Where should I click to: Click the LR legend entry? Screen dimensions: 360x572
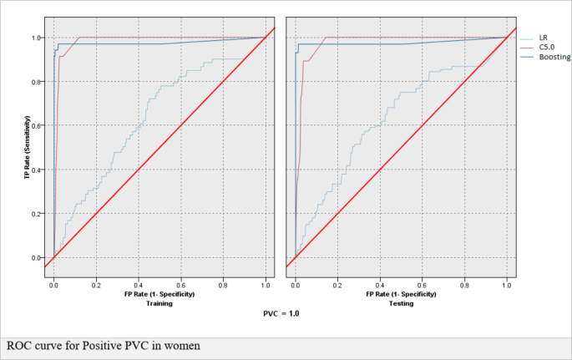pyautogui.click(x=543, y=38)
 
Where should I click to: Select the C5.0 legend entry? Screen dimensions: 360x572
pyautogui.click(x=547, y=48)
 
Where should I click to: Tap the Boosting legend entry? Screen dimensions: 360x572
pyautogui.click(x=554, y=58)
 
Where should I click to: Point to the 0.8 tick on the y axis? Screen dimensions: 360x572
pyautogui.click(x=37, y=82)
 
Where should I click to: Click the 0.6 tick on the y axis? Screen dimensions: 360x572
pyautogui.click(x=37, y=126)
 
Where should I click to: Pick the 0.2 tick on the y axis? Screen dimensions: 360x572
pyautogui.click(x=37, y=214)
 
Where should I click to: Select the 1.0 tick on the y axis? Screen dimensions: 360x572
pyautogui.click(x=37, y=38)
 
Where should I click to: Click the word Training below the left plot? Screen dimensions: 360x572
pyautogui.click(x=159, y=303)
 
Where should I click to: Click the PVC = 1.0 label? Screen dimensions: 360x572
pyautogui.click(x=280, y=314)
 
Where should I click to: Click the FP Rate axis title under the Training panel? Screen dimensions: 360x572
pyautogui.click(x=159, y=294)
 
